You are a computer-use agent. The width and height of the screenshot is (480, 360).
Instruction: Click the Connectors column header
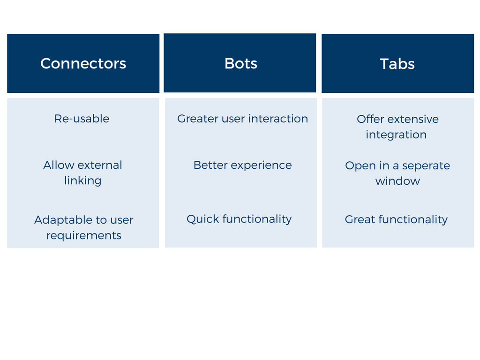click(83, 63)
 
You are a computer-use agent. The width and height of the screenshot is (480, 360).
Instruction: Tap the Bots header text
click(241, 63)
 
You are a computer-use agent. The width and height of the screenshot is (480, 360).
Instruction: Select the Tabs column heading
click(397, 64)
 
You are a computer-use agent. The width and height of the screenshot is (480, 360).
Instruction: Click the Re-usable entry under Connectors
click(82, 119)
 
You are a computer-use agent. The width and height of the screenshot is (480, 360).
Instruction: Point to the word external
click(100, 165)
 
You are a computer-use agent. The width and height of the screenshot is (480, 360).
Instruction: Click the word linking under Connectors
click(82, 180)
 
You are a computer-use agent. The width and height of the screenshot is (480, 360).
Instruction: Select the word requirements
click(84, 236)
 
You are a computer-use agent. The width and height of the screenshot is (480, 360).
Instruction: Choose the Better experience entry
click(242, 165)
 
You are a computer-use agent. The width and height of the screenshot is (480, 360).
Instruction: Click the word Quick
click(203, 219)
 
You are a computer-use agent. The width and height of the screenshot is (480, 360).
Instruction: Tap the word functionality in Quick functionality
click(257, 219)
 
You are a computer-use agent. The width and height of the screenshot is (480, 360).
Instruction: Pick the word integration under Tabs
click(396, 135)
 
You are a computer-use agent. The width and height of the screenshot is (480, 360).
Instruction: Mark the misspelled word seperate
click(426, 166)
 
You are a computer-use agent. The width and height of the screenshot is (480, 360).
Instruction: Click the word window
click(397, 181)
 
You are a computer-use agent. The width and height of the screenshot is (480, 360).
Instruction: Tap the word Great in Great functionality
click(360, 219)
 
